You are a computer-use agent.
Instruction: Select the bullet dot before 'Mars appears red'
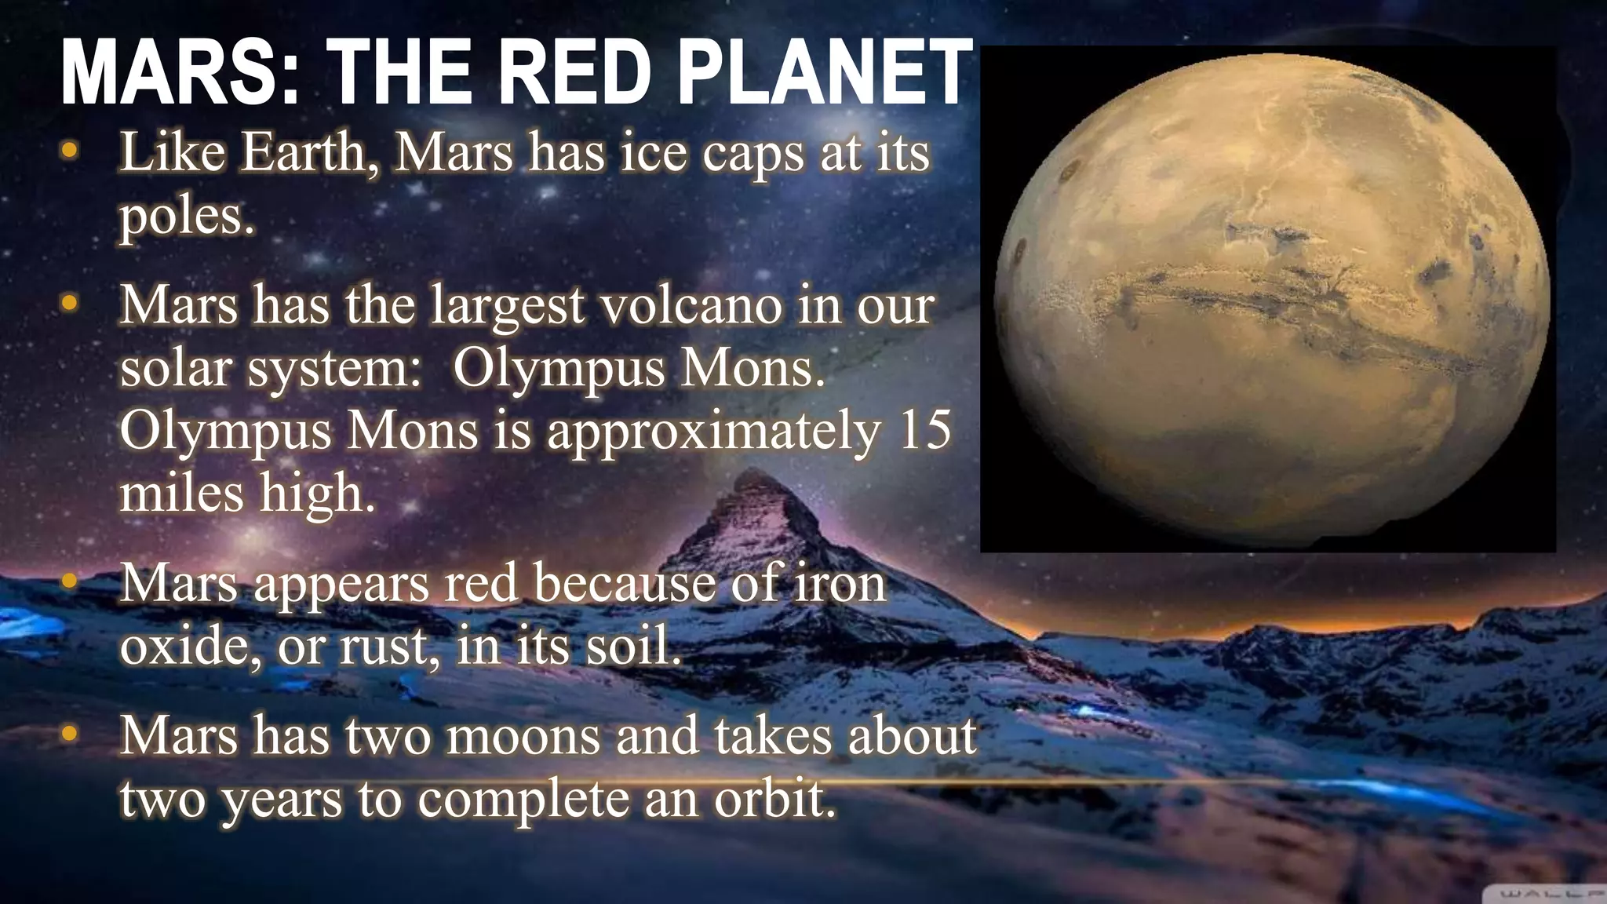(x=70, y=583)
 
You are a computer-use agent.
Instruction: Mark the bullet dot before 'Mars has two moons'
(x=70, y=735)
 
